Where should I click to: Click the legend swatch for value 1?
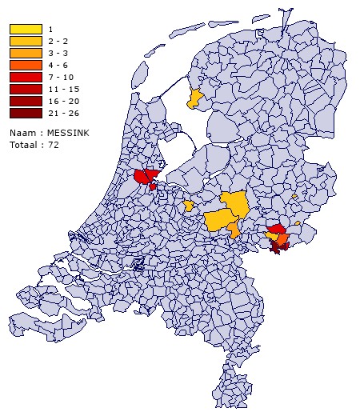coord(26,30)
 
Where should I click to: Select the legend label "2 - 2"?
coord(58,40)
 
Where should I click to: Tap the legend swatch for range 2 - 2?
coord(26,40)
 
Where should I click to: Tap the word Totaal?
coord(24,145)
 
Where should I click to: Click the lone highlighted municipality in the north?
coord(194,99)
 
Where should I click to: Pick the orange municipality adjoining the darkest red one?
coord(282,239)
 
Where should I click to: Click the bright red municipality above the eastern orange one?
coord(276,230)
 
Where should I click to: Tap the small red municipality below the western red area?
coord(153,186)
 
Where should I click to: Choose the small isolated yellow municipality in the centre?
coord(188,206)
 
